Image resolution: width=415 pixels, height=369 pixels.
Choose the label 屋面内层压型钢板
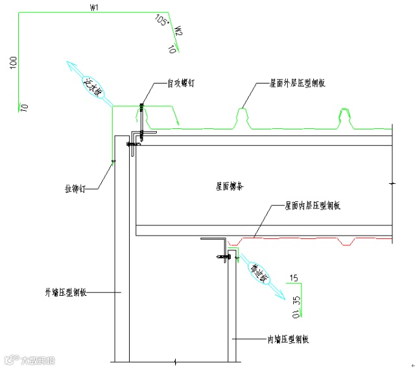click(313, 205)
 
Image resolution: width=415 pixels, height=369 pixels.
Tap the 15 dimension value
click(294, 278)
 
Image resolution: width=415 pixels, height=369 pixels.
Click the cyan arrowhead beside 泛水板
click(71, 66)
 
